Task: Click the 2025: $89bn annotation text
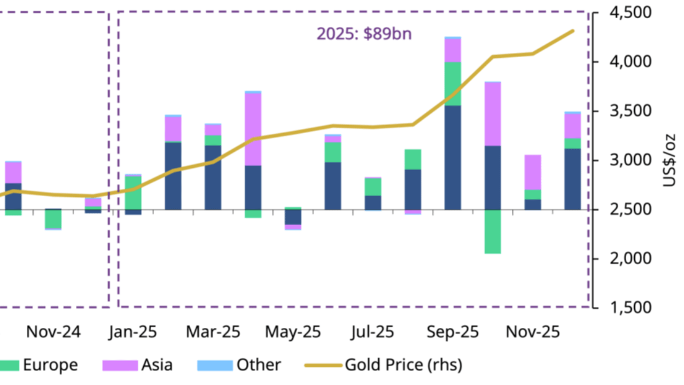[x=364, y=34]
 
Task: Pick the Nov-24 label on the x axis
[x=53, y=332]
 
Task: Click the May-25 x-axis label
[x=293, y=332]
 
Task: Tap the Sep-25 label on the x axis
[x=453, y=332]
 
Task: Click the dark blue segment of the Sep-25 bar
[x=453, y=158]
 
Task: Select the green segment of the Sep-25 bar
[x=453, y=84]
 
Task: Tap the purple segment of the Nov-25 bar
[x=533, y=172]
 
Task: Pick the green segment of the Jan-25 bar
[x=133, y=192]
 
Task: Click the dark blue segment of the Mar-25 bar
[x=213, y=177]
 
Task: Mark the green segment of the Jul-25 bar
[x=373, y=187]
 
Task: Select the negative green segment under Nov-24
[x=53, y=219]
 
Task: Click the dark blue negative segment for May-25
[x=293, y=217]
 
